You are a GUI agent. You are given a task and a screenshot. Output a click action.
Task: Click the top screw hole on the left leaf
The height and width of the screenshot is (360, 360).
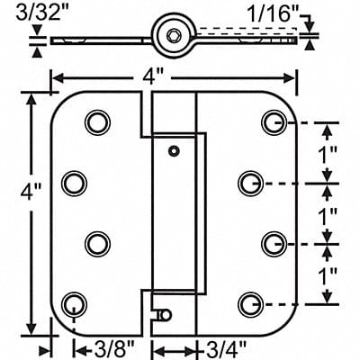pos(94,121)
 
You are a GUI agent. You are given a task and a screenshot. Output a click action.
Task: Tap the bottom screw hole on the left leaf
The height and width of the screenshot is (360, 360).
pos(71,303)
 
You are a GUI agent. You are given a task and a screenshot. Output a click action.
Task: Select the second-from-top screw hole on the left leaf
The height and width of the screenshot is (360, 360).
pos(71,184)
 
